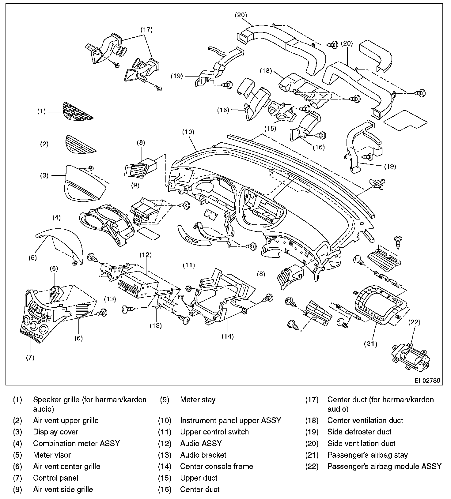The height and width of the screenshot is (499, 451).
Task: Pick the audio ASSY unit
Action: pos(138,285)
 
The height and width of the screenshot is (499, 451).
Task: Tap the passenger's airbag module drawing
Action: pos(411,357)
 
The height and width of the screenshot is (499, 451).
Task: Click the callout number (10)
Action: pos(188,132)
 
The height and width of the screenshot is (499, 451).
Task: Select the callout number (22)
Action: pos(415,322)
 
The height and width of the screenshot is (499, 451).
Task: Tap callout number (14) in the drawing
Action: pos(228,336)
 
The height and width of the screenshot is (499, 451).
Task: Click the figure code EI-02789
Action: pos(427,381)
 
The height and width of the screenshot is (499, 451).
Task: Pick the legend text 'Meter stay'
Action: pos(198,400)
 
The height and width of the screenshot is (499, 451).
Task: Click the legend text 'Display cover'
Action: pos(55,432)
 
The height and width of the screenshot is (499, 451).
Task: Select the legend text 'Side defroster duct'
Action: pos(359,432)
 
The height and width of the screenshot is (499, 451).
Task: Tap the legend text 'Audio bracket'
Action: pos(203,455)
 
